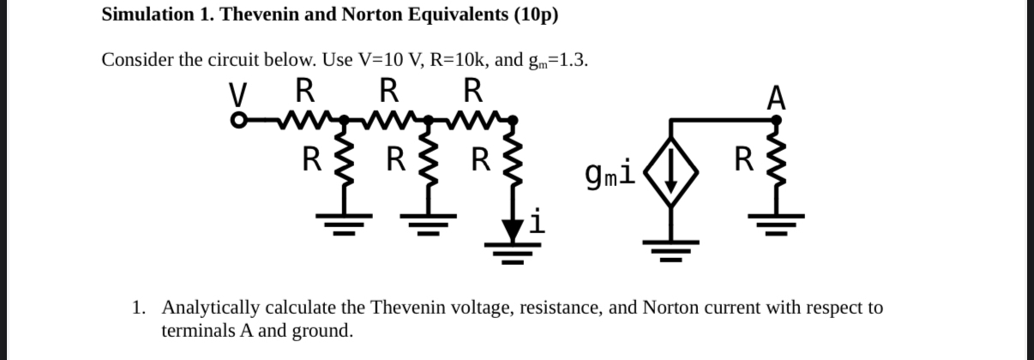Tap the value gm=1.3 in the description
click(557, 60)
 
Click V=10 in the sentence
click(402, 60)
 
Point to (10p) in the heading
click(538, 15)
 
